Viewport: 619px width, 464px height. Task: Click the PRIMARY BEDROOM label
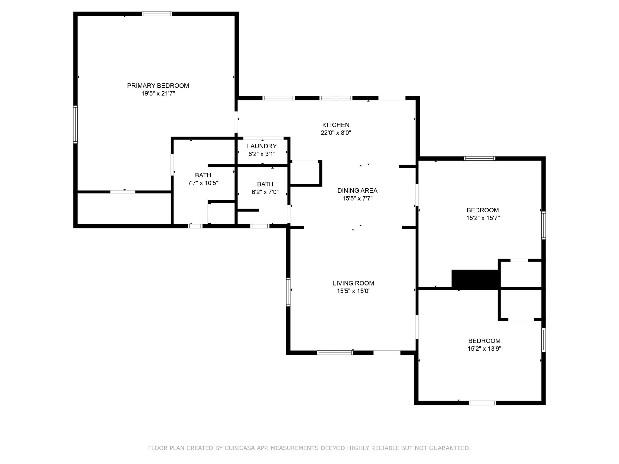click(158, 86)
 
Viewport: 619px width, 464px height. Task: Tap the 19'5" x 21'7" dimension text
click(158, 94)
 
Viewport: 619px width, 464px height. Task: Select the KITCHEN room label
click(336, 125)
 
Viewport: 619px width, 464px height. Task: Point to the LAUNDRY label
click(262, 146)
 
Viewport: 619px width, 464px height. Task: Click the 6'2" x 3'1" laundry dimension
click(262, 154)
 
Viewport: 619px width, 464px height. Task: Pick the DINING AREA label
click(357, 191)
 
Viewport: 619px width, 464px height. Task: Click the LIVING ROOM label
click(354, 283)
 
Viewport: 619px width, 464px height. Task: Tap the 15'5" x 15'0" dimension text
click(354, 291)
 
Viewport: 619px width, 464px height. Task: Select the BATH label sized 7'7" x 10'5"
click(203, 175)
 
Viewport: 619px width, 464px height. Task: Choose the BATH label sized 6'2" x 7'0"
click(265, 184)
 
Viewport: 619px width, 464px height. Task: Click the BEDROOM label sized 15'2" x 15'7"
click(483, 210)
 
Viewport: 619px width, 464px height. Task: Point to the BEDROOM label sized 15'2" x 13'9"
click(484, 341)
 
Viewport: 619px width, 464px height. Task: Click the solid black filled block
click(475, 279)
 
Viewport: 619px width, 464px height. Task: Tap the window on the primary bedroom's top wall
click(157, 14)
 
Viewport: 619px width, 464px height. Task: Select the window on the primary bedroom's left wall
click(76, 124)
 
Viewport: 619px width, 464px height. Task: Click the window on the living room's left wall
click(288, 292)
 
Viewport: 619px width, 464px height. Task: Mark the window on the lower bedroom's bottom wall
click(482, 403)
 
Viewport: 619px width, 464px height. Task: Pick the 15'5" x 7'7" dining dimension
click(357, 198)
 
